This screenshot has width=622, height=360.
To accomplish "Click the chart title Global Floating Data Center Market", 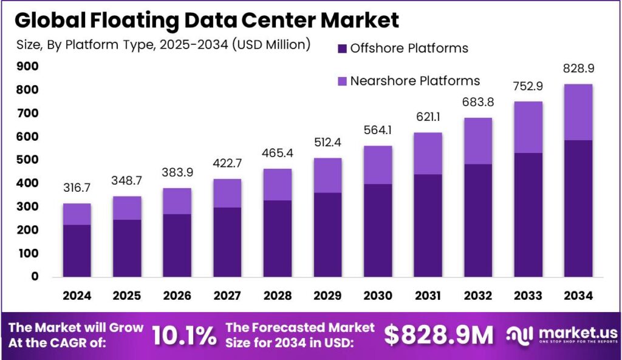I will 207,19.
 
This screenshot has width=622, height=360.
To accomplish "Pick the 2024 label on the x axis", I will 77,296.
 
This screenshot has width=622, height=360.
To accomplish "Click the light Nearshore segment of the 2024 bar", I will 77,214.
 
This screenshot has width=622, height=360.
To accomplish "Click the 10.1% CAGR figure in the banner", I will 183,335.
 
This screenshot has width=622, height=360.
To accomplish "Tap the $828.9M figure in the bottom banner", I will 439,335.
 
